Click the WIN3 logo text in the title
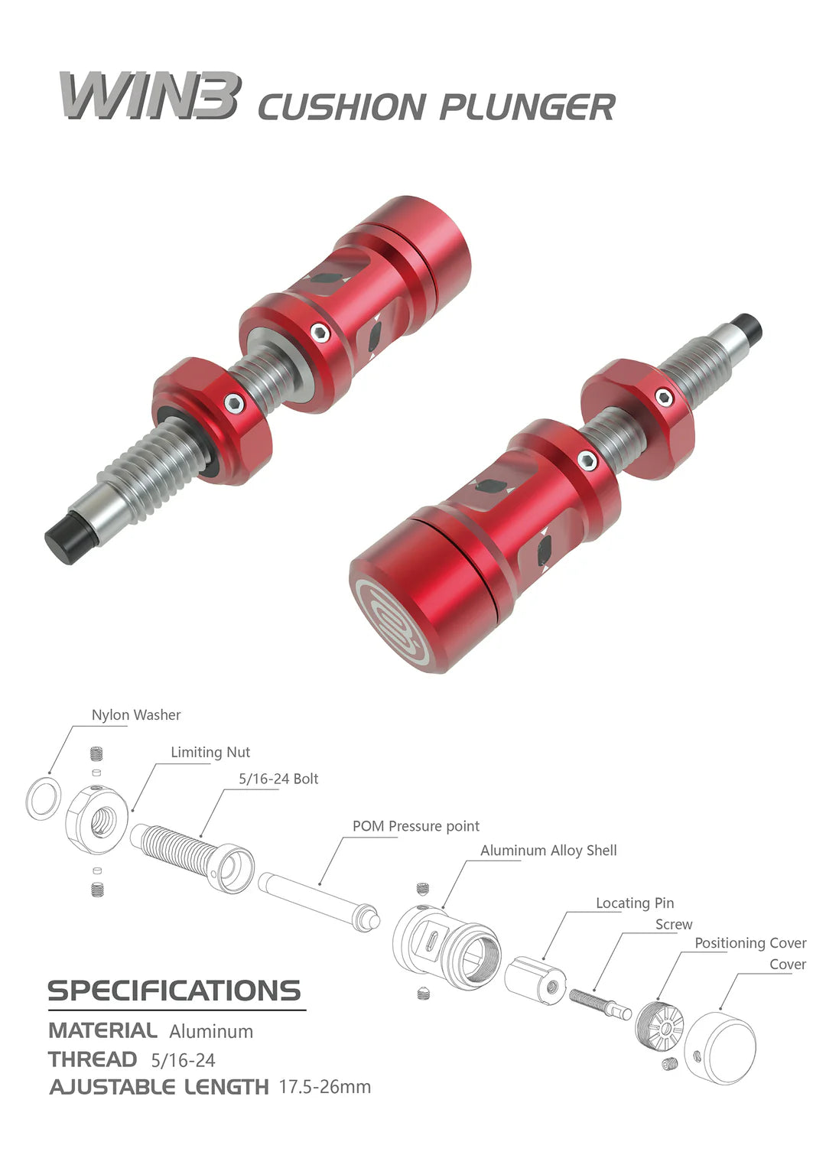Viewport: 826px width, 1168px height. point(150,96)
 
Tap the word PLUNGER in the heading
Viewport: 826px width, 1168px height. point(527,107)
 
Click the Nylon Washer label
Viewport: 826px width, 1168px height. point(136,715)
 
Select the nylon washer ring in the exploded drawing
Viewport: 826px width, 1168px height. point(44,799)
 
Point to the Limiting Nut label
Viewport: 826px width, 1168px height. point(210,753)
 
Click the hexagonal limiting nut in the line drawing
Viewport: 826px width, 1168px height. point(97,821)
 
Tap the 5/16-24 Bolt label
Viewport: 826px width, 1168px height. point(278,779)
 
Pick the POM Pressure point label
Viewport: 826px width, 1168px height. point(415,827)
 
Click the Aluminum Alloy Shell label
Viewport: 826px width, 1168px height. point(548,851)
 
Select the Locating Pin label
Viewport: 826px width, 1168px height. point(635,903)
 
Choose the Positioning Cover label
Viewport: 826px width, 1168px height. point(750,944)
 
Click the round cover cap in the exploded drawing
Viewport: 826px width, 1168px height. point(721,1049)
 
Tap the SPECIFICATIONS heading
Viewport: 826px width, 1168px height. point(174,991)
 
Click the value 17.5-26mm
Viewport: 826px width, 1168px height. point(325,1087)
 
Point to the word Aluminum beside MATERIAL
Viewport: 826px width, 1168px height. point(211,1032)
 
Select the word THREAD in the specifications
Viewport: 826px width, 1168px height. point(93,1060)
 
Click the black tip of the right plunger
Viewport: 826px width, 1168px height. point(747,328)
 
